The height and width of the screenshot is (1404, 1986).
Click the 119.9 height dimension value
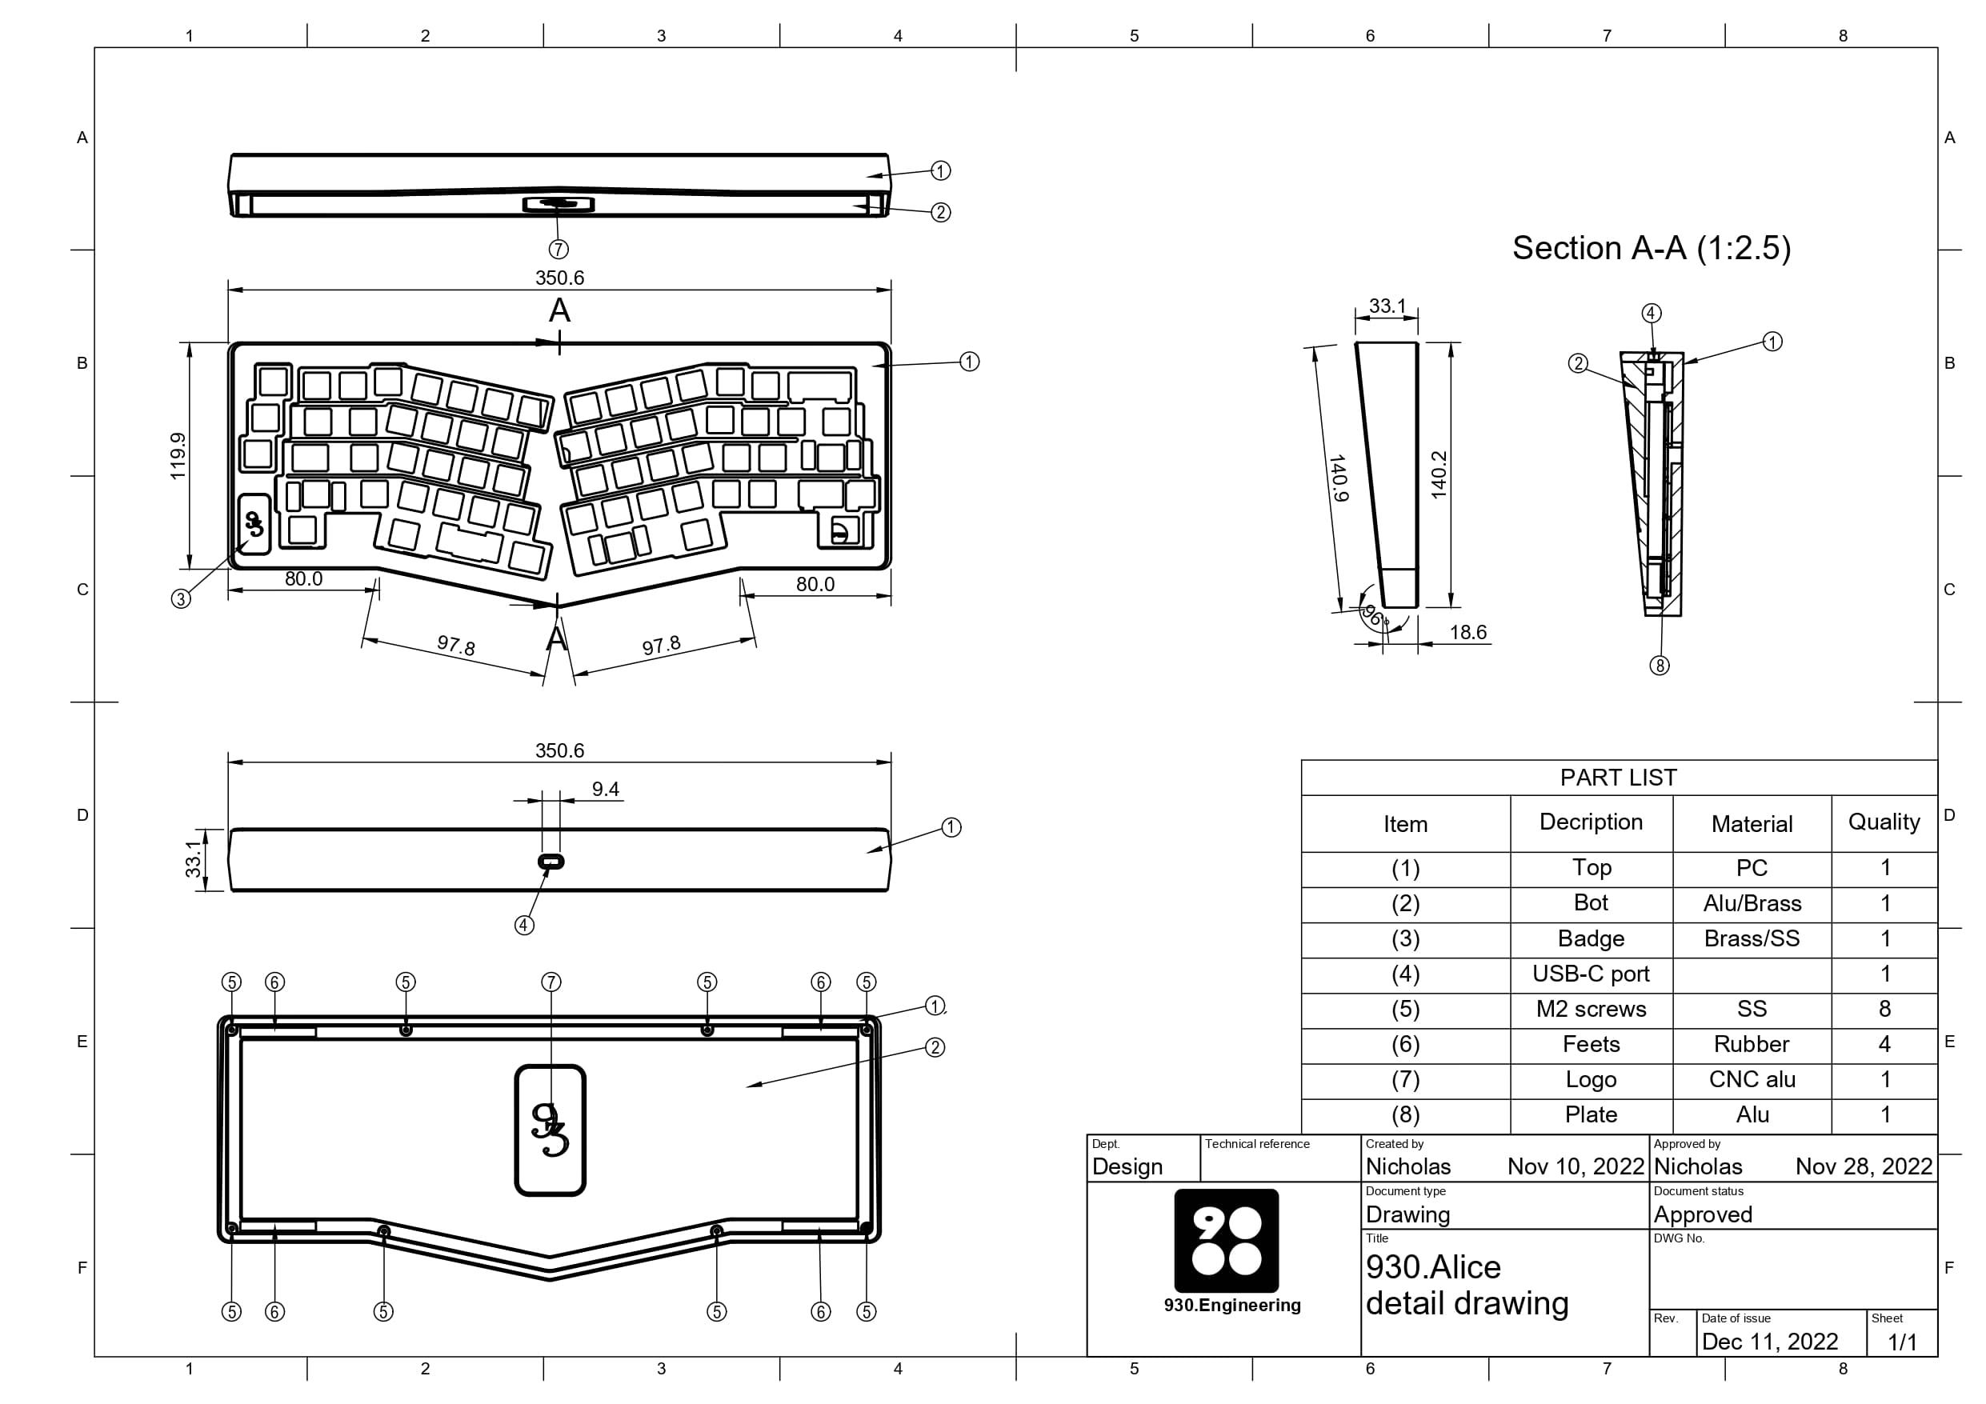click(178, 456)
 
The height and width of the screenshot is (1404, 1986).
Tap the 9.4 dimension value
click(606, 789)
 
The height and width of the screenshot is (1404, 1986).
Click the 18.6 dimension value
click(1467, 632)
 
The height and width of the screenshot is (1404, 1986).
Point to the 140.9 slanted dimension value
click(1338, 478)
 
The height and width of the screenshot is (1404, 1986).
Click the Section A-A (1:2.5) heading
click(1652, 248)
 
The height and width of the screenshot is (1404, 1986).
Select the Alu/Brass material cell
click(1752, 903)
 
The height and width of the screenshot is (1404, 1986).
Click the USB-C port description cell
click(1591, 974)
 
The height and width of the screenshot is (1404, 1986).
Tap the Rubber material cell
click(1752, 1044)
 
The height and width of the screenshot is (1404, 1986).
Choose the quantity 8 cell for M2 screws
click(1885, 1009)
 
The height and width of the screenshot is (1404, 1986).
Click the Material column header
click(1752, 823)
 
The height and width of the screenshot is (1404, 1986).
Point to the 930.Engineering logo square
click(1226, 1240)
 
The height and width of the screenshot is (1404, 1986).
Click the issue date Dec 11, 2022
click(1770, 1342)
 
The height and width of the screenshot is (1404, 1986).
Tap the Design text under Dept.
click(1128, 1167)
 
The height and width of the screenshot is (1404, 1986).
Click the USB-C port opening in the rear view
click(551, 862)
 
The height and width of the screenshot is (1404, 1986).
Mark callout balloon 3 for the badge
click(181, 598)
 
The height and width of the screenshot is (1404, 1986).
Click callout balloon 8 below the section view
click(1659, 666)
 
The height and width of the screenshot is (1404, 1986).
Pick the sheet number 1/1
click(1902, 1342)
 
